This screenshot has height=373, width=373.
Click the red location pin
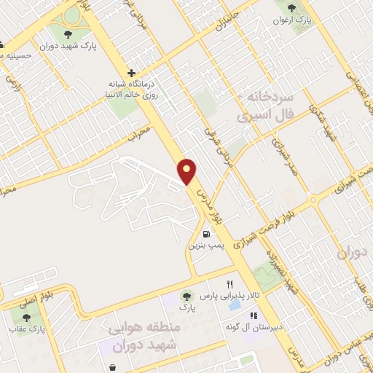click(188, 170)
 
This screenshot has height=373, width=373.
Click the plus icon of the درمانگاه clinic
click(131, 73)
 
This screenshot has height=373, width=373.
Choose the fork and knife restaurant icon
click(229, 284)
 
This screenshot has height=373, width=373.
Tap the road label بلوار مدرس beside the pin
click(211, 208)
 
